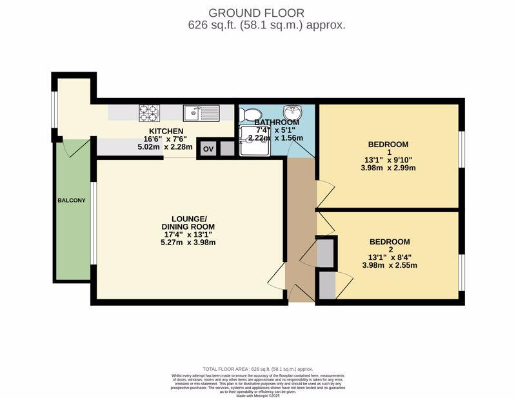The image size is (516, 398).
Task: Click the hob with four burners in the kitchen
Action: (x=148, y=113)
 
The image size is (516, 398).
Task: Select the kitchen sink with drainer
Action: (x=201, y=114)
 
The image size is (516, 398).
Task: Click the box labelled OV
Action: (x=208, y=149)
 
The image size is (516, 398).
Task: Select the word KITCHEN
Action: (x=166, y=131)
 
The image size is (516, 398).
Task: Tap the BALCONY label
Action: (x=71, y=200)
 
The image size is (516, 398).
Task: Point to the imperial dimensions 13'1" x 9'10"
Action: (x=388, y=160)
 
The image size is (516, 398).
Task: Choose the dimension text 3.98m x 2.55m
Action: (x=390, y=265)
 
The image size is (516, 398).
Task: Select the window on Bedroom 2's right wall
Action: (x=461, y=272)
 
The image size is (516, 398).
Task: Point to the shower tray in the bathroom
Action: (x=255, y=141)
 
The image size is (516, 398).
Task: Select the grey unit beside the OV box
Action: (x=227, y=149)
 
